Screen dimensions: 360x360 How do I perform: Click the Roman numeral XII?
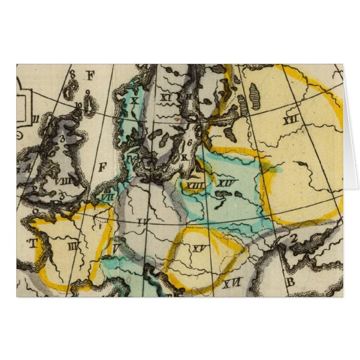pos(289,120)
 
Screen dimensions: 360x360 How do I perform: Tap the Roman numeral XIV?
pos(225,182)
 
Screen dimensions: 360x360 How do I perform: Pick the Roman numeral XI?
pos(165,97)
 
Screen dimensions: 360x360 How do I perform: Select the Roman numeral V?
pos(116,247)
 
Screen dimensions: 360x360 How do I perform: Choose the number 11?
pos(35,118)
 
